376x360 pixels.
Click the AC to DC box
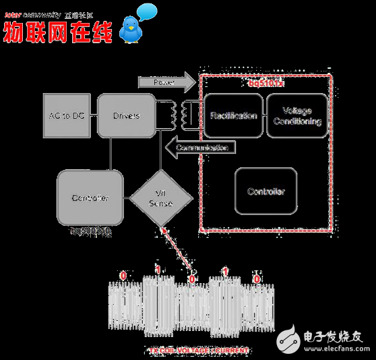click(66, 116)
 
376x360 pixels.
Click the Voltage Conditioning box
click(297, 116)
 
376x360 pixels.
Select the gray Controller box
click(90, 198)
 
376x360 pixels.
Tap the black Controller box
click(266, 191)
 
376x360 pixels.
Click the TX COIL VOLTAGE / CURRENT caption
click(198, 351)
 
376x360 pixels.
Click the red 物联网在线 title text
click(57, 31)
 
